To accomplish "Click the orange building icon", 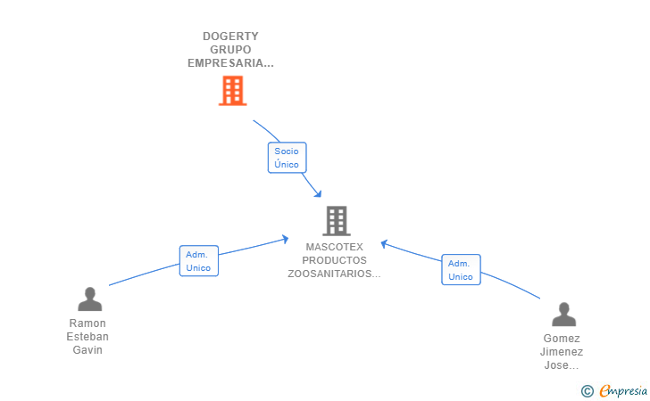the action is (x=232, y=91).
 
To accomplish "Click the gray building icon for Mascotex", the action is (x=337, y=221).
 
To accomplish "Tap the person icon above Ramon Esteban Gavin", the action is (x=89, y=299).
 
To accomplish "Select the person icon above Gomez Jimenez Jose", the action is (x=563, y=315).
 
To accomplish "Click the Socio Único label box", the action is (x=287, y=158).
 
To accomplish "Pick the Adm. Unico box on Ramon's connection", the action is (x=199, y=261).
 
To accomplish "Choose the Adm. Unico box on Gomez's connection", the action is (x=461, y=270).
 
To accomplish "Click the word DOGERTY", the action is (x=230, y=37).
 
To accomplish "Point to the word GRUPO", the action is (x=230, y=50).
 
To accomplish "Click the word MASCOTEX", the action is (x=335, y=247).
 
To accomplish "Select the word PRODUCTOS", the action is (x=335, y=260).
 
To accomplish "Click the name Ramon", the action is (x=87, y=323).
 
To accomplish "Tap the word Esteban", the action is (x=87, y=337).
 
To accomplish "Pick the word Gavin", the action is (x=87, y=349).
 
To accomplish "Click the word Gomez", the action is (x=562, y=339).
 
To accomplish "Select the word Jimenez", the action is (x=562, y=352).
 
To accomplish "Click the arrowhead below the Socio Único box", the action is (x=318, y=193).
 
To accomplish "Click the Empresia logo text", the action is (x=623, y=390).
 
